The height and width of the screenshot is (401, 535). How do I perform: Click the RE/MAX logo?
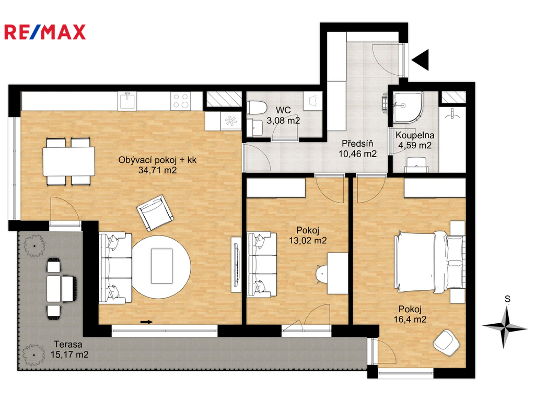(x=45, y=32)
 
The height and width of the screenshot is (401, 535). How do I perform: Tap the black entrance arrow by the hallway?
(x=421, y=60)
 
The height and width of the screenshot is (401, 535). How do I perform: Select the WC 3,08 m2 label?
(x=283, y=115)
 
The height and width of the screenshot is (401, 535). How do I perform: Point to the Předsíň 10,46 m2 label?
(x=357, y=149)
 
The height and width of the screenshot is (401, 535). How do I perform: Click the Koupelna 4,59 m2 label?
(x=415, y=140)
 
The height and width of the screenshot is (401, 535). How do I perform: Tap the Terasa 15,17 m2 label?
(x=69, y=349)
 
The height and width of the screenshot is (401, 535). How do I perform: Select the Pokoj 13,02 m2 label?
(x=308, y=235)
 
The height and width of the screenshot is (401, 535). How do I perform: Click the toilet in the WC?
(x=257, y=108)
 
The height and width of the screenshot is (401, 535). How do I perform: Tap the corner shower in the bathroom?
(x=408, y=107)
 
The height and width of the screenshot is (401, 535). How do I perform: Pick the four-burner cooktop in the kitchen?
(x=181, y=101)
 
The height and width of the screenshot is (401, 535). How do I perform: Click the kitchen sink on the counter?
(x=127, y=101)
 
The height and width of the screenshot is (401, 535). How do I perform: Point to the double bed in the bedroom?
(x=429, y=262)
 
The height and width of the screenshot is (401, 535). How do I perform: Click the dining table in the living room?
(x=68, y=161)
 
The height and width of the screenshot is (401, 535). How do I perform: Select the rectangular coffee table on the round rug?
(x=161, y=266)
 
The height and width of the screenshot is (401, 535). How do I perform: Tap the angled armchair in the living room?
(x=155, y=213)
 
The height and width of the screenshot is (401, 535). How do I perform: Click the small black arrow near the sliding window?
(x=146, y=322)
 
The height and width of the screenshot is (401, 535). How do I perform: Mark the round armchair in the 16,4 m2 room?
(x=447, y=341)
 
